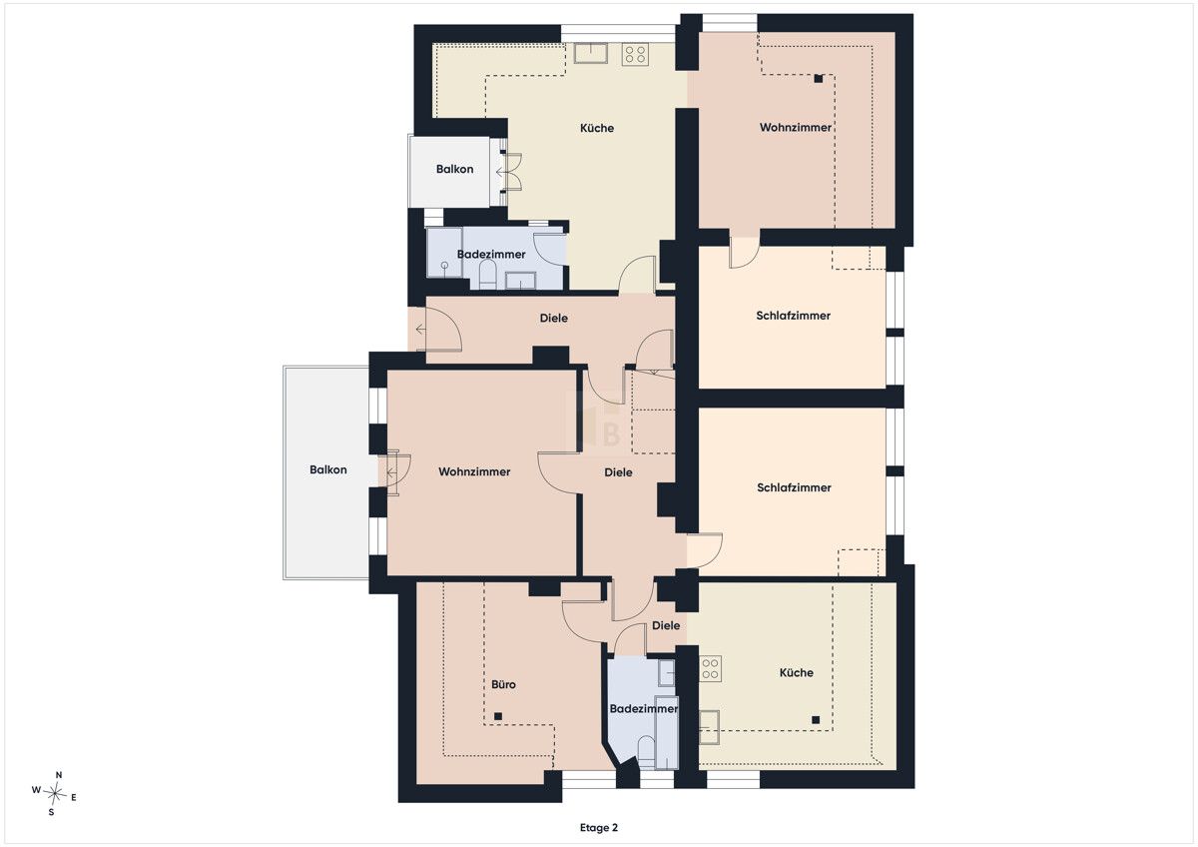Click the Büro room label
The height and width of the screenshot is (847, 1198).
point(503,684)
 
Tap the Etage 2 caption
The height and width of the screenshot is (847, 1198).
point(598,828)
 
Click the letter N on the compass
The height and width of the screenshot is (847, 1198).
point(59,775)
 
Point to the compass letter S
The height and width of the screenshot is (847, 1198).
point(51,812)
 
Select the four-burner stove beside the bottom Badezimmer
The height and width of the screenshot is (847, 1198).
point(710,669)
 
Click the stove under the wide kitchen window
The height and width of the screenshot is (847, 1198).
point(635,54)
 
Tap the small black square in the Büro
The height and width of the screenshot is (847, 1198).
point(498,716)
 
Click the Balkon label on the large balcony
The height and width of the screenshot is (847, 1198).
point(327,469)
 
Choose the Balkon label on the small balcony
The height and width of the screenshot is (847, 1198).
point(454,169)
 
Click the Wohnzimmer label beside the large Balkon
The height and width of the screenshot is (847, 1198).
point(474,471)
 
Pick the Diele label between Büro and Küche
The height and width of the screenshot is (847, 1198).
point(666,625)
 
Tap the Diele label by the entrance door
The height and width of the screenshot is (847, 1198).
point(553,319)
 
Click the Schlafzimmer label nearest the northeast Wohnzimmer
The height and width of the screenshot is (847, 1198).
point(793,316)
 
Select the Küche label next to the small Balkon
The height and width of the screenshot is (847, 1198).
point(597,129)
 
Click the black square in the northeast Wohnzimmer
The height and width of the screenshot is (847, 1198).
point(819,79)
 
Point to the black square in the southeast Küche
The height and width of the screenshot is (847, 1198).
point(816,720)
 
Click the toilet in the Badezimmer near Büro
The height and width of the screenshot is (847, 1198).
point(646,752)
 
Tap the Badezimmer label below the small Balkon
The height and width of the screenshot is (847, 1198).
point(491,255)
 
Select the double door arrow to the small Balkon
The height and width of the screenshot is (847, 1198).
point(501,172)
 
